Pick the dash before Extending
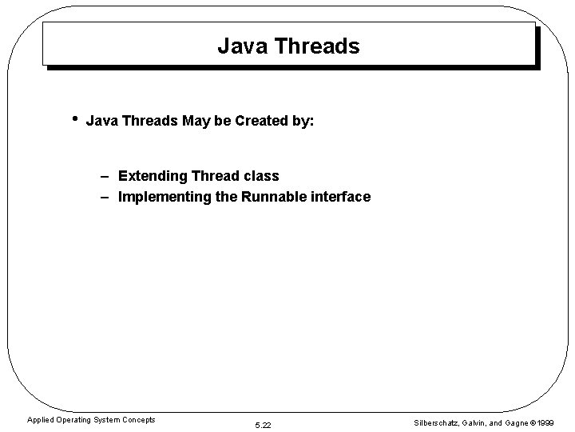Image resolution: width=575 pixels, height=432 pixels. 105,176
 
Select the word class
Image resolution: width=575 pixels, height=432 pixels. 261,176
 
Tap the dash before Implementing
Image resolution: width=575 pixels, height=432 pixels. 105,197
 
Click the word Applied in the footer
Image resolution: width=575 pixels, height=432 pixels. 42,419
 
